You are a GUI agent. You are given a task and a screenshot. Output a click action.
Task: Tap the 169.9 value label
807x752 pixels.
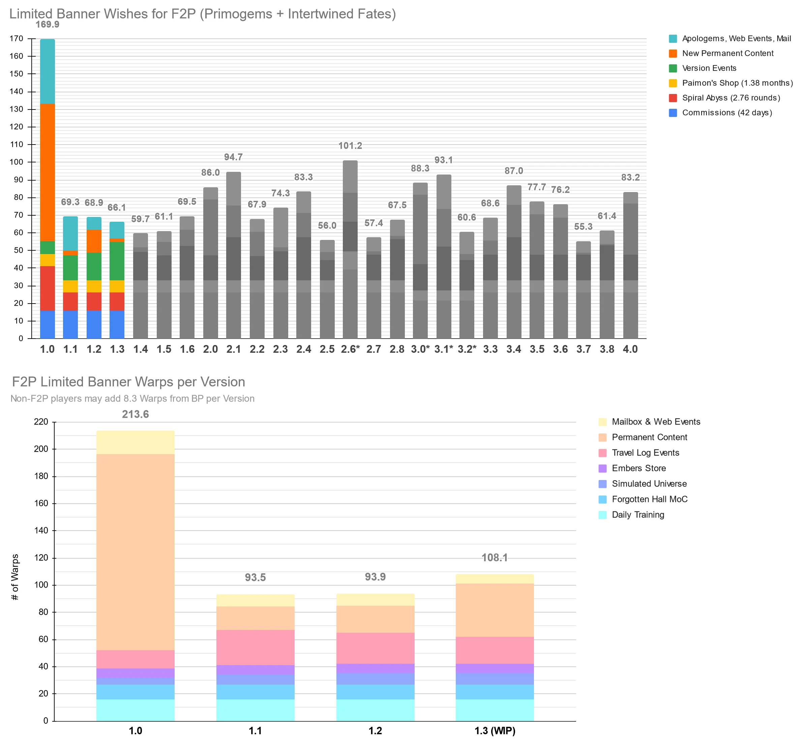[x=48, y=25]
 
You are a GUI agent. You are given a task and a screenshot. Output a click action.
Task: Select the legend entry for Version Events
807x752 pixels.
[x=709, y=68]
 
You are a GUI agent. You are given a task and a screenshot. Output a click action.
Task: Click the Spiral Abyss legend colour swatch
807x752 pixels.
[x=672, y=98]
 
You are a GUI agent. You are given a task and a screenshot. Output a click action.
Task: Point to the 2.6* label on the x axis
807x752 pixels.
[x=350, y=349]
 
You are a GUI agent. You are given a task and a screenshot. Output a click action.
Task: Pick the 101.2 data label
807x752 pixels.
[x=350, y=146]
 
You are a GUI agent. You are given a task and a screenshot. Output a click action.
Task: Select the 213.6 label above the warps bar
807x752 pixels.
[x=136, y=414]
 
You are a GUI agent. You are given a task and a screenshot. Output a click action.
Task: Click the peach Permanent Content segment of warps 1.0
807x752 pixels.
[x=136, y=552]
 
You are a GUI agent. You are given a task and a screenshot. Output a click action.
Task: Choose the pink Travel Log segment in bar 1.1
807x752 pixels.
[x=255, y=647]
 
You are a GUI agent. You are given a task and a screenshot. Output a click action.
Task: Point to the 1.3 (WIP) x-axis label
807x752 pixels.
[x=495, y=731]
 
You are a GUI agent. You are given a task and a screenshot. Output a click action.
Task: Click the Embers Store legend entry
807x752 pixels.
[x=638, y=468]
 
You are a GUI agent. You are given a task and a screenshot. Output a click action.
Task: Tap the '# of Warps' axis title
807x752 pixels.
[x=15, y=577]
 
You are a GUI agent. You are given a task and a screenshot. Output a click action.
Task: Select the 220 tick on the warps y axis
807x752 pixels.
[x=41, y=422]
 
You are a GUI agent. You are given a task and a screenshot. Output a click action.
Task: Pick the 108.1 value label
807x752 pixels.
[x=495, y=558]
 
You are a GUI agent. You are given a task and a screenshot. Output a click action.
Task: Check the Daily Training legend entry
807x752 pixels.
[x=638, y=514]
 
